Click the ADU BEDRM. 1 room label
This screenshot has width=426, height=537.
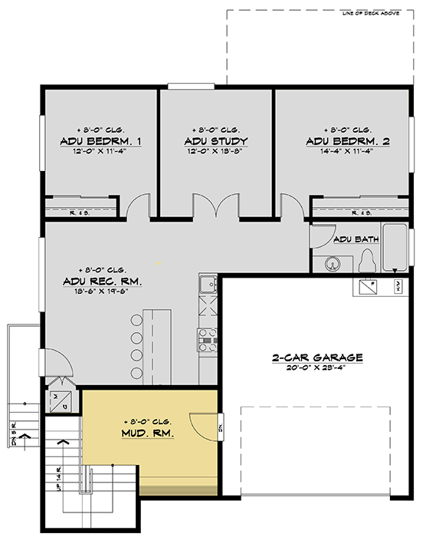point(100,142)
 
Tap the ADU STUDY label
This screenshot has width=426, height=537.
point(216,142)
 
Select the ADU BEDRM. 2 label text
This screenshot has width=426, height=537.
point(347,142)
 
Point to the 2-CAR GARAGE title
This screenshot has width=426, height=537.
point(316,357)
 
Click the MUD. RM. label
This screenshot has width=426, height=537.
point(147,433)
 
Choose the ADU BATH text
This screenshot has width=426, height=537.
point(357,239)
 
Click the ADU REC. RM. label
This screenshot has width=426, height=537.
point(102,282)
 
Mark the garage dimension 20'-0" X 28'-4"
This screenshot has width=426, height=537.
point(316,368)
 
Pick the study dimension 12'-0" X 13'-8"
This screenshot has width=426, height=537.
point(216,152)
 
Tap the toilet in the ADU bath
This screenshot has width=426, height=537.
point(365,262)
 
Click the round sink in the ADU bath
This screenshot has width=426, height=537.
point(332,264)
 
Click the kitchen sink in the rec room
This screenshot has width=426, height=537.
point(207,285)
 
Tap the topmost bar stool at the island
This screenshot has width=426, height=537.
point(136,319)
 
